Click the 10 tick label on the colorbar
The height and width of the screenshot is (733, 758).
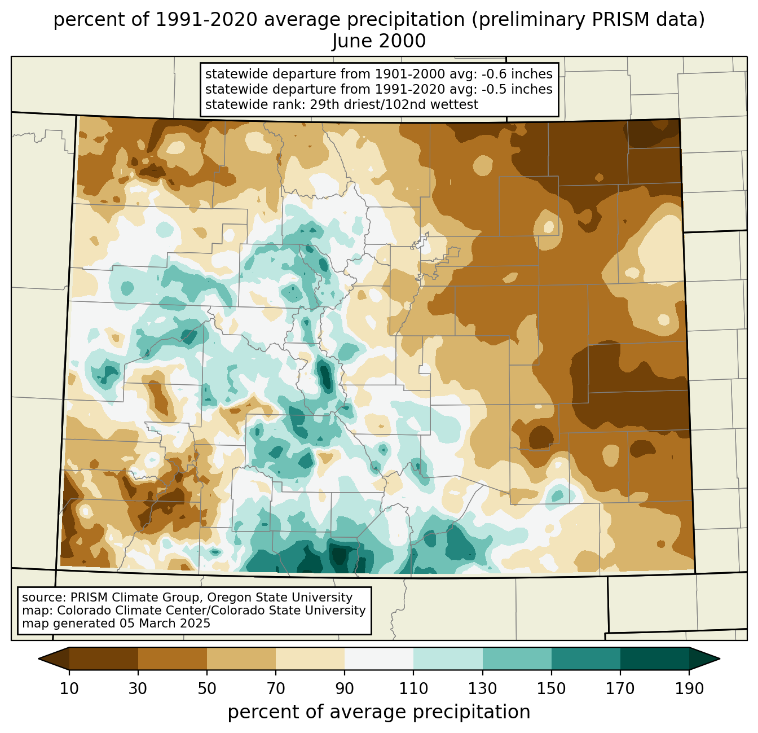tap(69, 689)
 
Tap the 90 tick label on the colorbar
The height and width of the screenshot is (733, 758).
tap(345, 689)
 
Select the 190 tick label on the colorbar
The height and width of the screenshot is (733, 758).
tap(689, 689)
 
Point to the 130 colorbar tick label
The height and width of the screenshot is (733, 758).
tap(483, 689)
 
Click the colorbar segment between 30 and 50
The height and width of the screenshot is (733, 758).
tap(173, 659)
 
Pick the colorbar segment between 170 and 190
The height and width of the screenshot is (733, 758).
tap(654, 659)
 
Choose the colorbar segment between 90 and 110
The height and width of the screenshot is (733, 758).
tap(379, 659)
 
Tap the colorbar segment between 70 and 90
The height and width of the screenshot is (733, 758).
tap(310, 659)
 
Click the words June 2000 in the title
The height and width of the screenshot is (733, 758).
tap(379, 41)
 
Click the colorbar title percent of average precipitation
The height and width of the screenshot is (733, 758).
tap(379, 712)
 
